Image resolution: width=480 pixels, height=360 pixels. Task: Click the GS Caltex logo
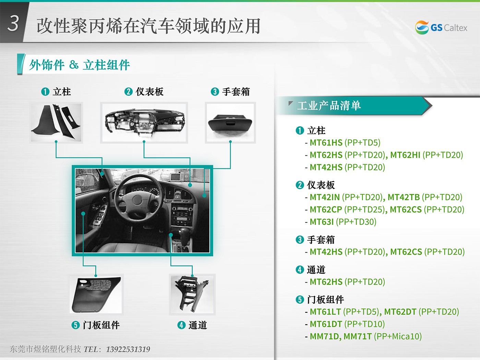coord(441,27)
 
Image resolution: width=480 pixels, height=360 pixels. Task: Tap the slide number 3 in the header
coord(13,23)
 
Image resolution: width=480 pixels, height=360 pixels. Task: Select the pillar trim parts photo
coord(56,123)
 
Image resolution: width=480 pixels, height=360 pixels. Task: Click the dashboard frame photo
coord(144,123)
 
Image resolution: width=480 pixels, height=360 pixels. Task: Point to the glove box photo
coord(230,123)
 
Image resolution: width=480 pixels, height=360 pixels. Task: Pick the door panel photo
coord(96,295)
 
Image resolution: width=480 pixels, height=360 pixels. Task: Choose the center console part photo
coord(192,295)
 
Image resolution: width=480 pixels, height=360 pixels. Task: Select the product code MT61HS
coord(326,143)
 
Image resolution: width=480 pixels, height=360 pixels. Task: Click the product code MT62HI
coord(405,155)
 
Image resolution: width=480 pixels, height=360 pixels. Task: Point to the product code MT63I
coord(322,222)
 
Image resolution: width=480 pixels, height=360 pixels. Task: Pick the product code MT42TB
coord(404,197)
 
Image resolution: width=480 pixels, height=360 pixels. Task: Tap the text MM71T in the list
coord(358,336)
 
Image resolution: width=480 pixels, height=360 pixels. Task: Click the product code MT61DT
coord(326,324)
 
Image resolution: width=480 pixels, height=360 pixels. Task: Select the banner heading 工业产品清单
coord(329,106)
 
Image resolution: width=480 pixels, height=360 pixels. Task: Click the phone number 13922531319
coord(128,349)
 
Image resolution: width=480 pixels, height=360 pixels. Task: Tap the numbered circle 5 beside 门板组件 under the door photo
coord(76,325)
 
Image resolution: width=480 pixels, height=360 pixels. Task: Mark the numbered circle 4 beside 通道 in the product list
coord(300,270)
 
